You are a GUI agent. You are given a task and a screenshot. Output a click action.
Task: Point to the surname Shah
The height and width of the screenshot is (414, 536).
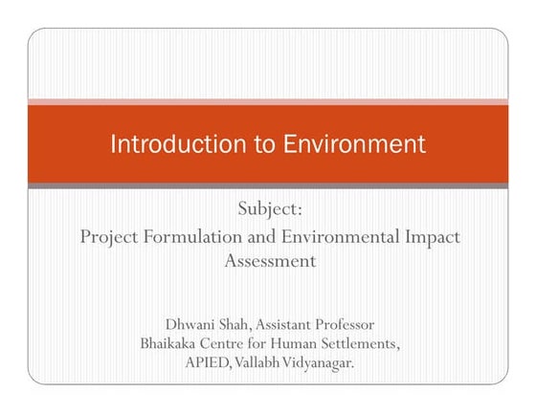click(239, 324)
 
